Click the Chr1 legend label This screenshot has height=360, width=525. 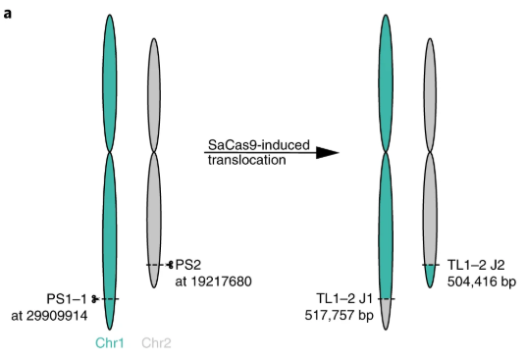tap(109, 343)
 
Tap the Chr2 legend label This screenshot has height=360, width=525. tap(156, 343)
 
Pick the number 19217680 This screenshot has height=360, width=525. tap(214, 282)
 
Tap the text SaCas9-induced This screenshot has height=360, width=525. tap(254, 144)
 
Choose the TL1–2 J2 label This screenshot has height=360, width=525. tap(476, 265)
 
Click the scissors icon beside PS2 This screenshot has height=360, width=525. tap(171, 265)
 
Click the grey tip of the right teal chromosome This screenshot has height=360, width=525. tap(388, 314)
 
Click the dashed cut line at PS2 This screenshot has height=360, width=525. tap(155, 265)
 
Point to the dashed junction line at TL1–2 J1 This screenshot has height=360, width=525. tap(388, 298)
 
